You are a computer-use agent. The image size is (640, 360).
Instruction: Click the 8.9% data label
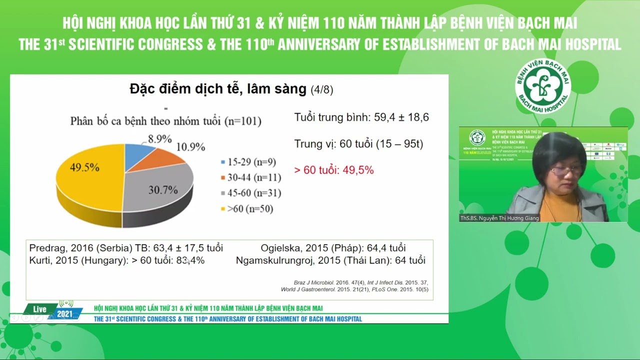point(159,139)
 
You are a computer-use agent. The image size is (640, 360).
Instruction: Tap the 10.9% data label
point(190,147)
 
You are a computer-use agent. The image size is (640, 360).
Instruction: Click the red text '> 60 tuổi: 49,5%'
point(334,170)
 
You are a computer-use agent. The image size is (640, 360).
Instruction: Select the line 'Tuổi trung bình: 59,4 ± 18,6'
point(361,117)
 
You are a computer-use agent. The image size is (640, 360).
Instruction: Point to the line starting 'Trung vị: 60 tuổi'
point(358,144)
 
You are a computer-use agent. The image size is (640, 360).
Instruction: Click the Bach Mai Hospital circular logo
point(543,85)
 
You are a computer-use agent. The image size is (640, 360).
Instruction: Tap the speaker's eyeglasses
point(566,170)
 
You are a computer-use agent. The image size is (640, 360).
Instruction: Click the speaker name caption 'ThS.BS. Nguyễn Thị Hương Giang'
point(499,218)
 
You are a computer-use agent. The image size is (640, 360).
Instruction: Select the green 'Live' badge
point(40,309)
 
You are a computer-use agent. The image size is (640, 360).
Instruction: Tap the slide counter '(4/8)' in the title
point(321,90)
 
